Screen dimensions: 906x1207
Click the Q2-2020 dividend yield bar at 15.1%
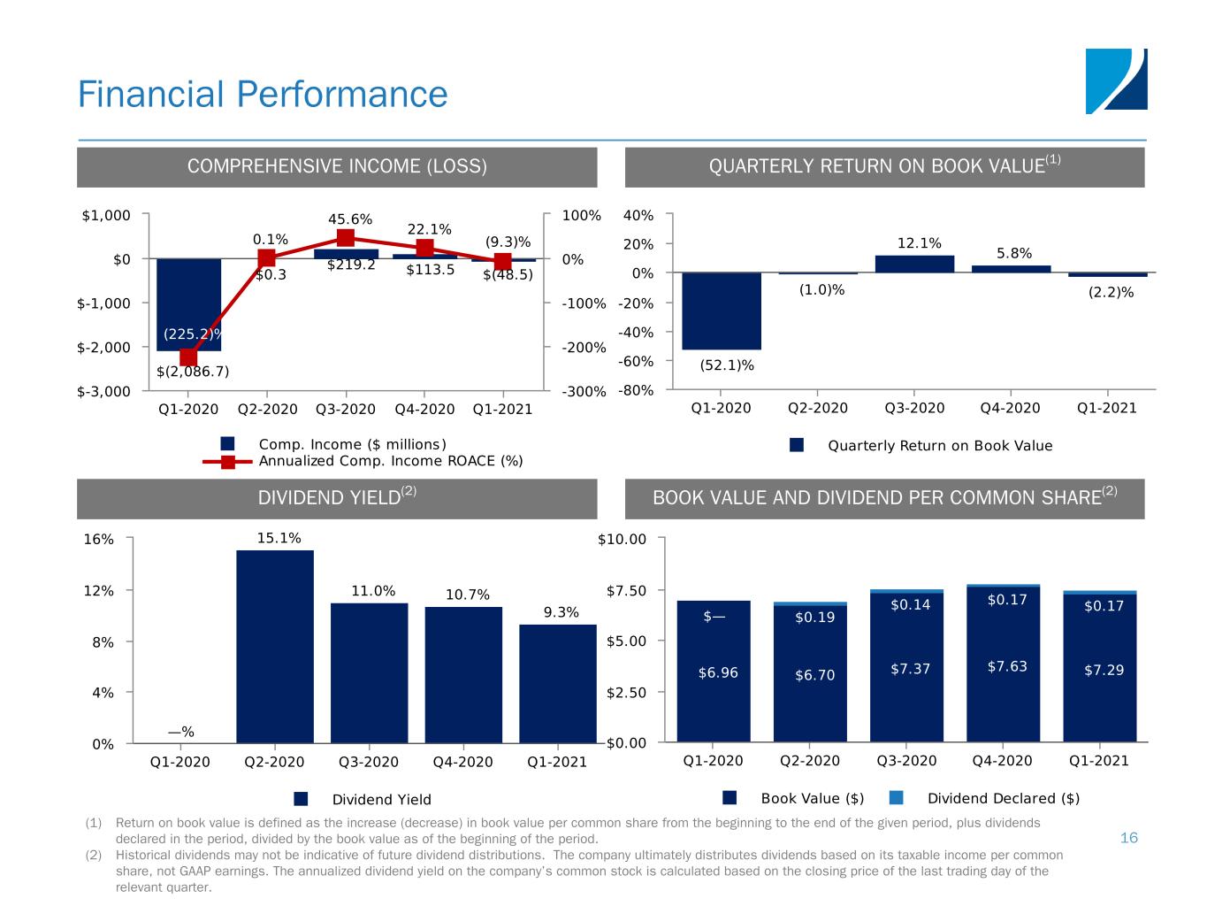(274, 646)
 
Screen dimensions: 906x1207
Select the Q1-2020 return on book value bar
(722, 311)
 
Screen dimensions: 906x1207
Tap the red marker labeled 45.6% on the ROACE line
(346, 238)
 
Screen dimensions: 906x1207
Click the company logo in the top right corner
(1116, 81)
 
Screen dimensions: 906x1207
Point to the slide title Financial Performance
(263, 95)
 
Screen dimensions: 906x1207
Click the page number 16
(1128, 838)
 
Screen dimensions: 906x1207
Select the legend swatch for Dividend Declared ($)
(896, 798)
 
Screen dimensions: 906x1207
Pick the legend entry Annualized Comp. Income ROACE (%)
(390, 461)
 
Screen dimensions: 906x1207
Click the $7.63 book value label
(1007, 666)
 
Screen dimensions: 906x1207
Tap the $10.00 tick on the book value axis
(624, 539)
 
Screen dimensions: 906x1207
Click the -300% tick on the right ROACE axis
(584, 391)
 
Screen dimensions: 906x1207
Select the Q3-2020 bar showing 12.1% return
(914, 264)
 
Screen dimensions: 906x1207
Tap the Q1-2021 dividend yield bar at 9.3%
(557, 683)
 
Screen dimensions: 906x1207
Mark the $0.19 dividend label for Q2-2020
(814, 618)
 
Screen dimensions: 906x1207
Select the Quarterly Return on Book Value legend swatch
(797, 445)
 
